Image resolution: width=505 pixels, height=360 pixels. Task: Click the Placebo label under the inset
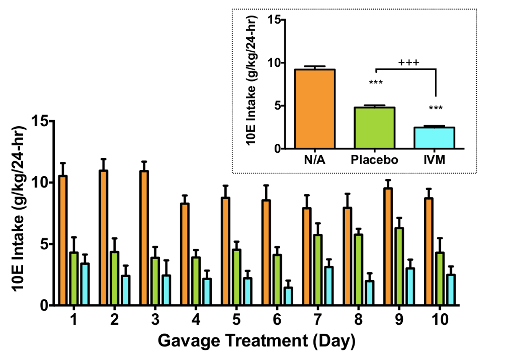(375, 160)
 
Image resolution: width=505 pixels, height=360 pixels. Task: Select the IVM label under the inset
(435, 160)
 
